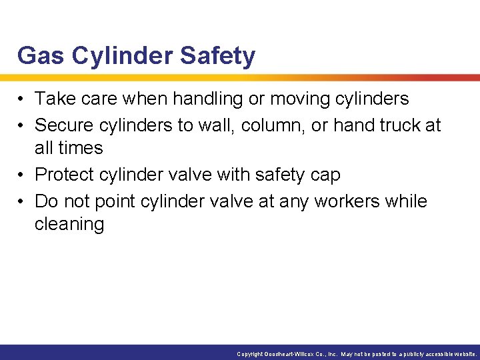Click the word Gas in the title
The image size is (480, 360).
[41, 55]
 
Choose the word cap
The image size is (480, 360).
[325, 175]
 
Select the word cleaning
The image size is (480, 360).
[69, 224]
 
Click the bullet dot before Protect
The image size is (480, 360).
[21, 175]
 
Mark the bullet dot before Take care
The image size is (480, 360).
[21, 99]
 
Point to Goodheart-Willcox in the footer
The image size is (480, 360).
[296, 354]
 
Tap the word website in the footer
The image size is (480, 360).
[464, 354]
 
